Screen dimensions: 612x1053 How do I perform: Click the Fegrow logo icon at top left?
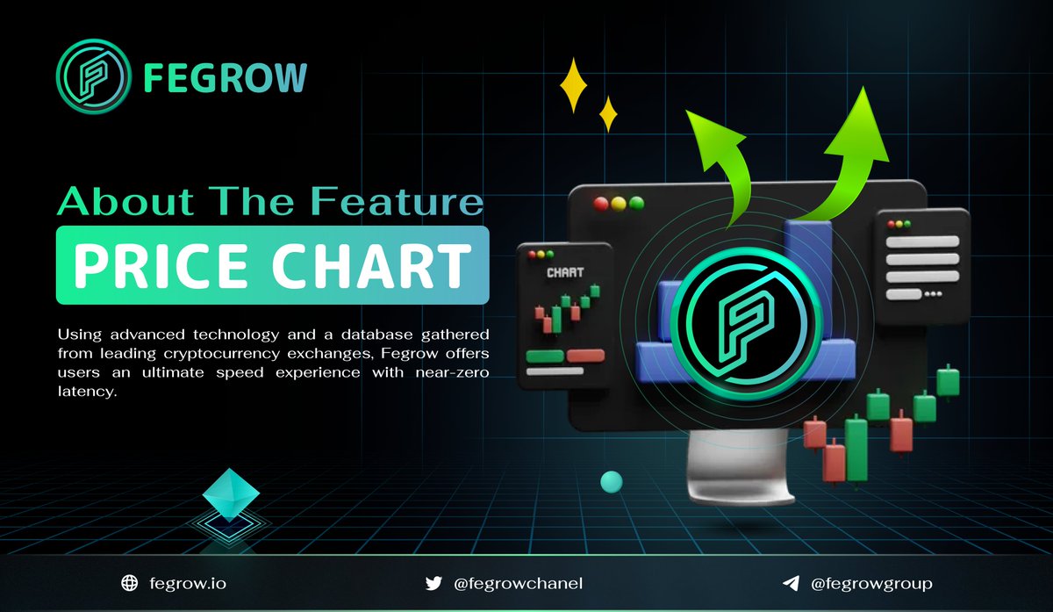pos(92,76)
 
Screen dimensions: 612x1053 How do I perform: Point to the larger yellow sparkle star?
pos(573,85)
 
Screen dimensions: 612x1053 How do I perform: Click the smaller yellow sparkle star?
pos(607,114)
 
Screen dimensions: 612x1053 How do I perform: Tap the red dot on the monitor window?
pos(601,203)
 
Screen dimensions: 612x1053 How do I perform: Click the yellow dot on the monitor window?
pos(619,203)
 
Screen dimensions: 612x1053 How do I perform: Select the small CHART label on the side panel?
pos(564,272)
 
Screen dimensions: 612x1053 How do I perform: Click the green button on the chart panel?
pos(544,356)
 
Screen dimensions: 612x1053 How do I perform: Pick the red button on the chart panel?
pos(585,356)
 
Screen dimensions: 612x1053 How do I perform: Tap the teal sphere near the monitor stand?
pos(611,480)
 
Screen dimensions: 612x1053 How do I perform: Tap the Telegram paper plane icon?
pos(791,583)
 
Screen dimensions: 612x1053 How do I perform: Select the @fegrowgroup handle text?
pos(870,583)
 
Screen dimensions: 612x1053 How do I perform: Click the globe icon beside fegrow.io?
pos(130,583)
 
